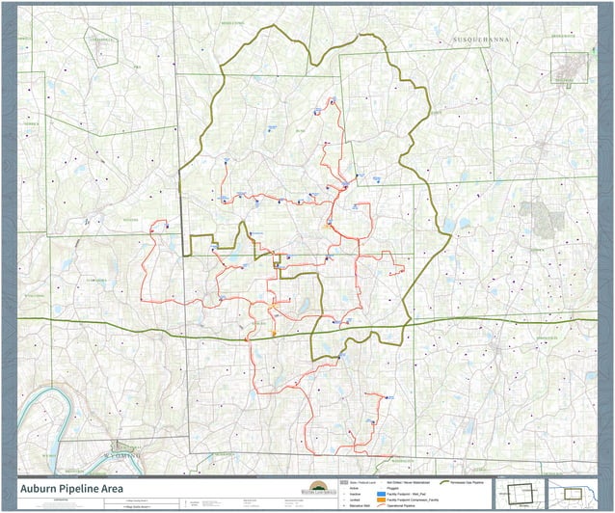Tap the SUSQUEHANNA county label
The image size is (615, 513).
480,40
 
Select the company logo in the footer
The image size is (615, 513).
315,487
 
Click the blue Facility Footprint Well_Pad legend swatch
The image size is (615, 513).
379,493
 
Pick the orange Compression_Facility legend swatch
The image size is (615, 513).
379,499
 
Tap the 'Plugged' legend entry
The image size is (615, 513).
394,487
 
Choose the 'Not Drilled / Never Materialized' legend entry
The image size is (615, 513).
405,481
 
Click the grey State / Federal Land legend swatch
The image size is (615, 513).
344,481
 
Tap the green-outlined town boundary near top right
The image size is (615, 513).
568,67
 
